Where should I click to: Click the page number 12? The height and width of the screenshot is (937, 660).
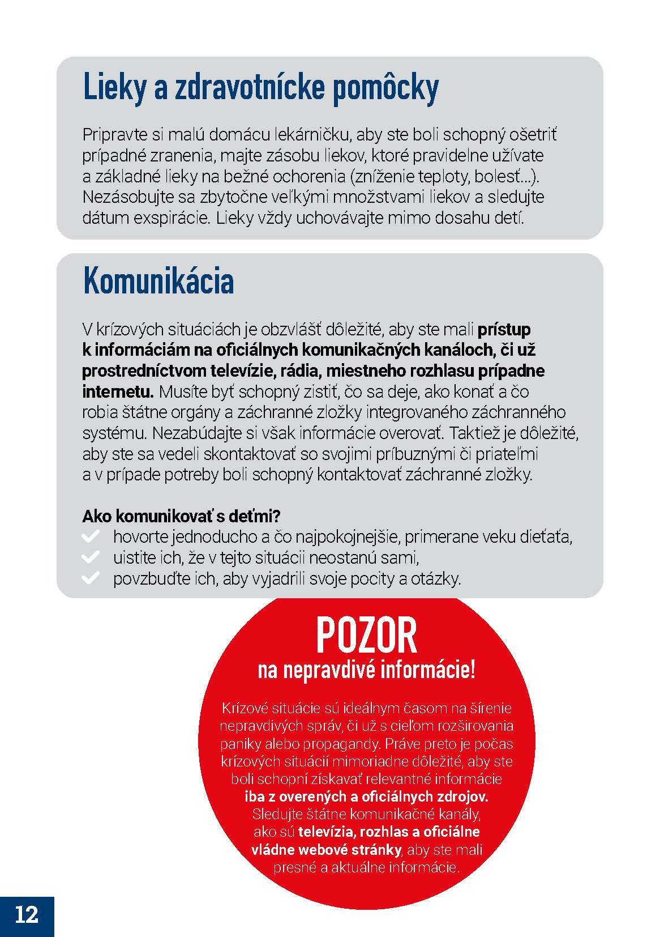[27, 914]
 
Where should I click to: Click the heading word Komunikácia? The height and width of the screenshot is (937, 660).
[158, 280]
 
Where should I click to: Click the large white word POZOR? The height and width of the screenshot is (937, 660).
[366, 635]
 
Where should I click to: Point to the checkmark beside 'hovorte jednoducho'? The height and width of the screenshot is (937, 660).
[91, 536]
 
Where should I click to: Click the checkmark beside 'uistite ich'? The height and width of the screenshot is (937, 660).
[91, 557]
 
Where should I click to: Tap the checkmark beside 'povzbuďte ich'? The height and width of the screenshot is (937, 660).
[91, 578]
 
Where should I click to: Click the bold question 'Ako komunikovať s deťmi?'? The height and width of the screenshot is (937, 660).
[182, 516]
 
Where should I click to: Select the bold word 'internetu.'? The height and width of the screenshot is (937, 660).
[118, 391]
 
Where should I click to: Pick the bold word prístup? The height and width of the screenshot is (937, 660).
[504, 329]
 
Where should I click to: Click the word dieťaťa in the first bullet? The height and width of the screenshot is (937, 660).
[548, 536]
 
